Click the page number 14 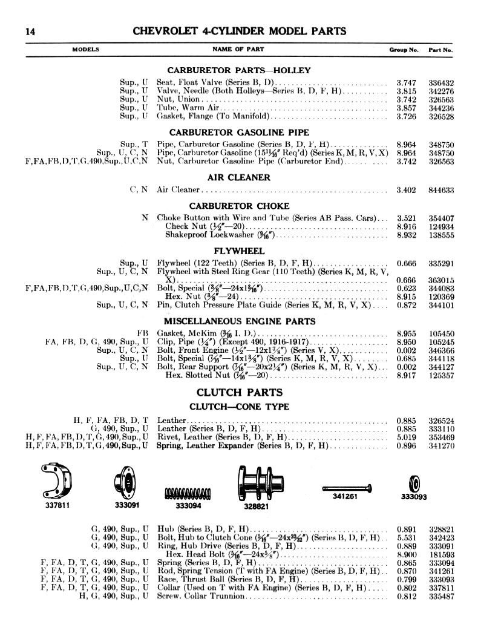pos(30,31)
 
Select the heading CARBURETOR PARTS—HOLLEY pos(238,70)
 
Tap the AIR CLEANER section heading pos(238,177)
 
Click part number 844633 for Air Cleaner pos(441,190)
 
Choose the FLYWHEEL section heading pos(238,251)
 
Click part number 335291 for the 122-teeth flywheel pos(441,263)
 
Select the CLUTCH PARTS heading pos(238,392)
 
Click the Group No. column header pos(404,50)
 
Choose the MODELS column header pos(86,50)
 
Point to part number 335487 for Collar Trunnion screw pos(441,596)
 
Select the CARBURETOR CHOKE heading pos(238,206)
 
